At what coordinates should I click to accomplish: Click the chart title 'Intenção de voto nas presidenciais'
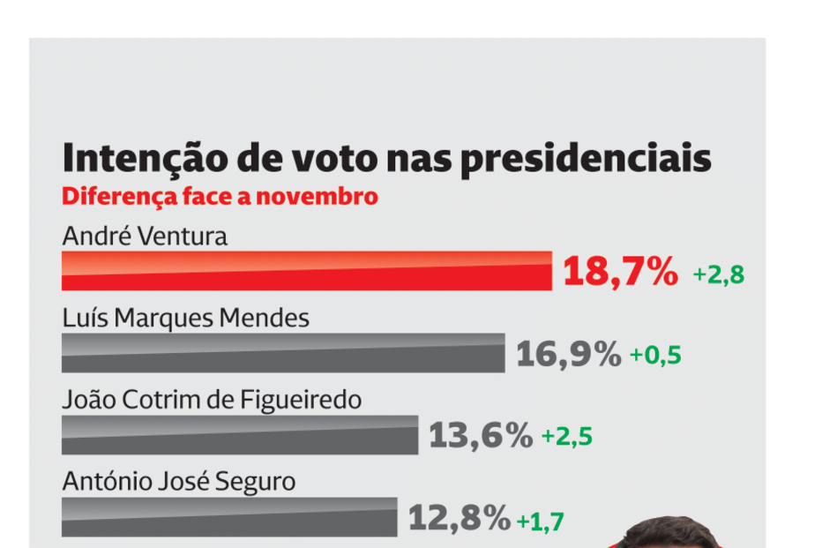pyautogui.click(x=386, y=158)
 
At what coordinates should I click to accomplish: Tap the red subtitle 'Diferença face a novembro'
pyautogui.click(x=220, y=196)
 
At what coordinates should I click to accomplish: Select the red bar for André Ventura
pyautogui.click(x=306, y=271)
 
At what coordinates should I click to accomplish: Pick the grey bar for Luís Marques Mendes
pyautogui.click(x=283, y=353)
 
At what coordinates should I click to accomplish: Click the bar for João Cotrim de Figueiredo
pyautogui.click(x=240, y=434)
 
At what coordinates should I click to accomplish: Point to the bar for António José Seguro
pyautogui.click(x=229, y=516)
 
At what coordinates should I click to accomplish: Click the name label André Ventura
pyautogui.click(x=145, y=236)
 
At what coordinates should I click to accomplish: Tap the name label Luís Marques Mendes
pyautogui.click(x=186, y=318)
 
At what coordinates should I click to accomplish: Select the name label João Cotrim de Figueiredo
pyautogui.click(x=212, y=400)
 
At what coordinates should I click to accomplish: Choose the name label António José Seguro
pyautogui.click(x=179, y=482)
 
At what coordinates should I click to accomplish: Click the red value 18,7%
pyautogui.click(x=621, y=272)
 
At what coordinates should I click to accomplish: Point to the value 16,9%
pyautogui.click(x=568, y=354)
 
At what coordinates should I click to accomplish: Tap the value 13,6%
pyautogui.click(x=481, y=435)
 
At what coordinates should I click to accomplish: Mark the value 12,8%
pyautogui.click(x=460, y=518)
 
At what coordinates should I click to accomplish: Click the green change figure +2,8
pyautogui.click(x=719, y=274)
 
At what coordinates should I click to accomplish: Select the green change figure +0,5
pyautogui.click(x=655, y=356)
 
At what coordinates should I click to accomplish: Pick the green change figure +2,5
pyautogui.click(x=567, y=437)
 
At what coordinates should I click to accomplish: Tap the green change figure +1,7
pyautogui.click(x=540, y=521)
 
